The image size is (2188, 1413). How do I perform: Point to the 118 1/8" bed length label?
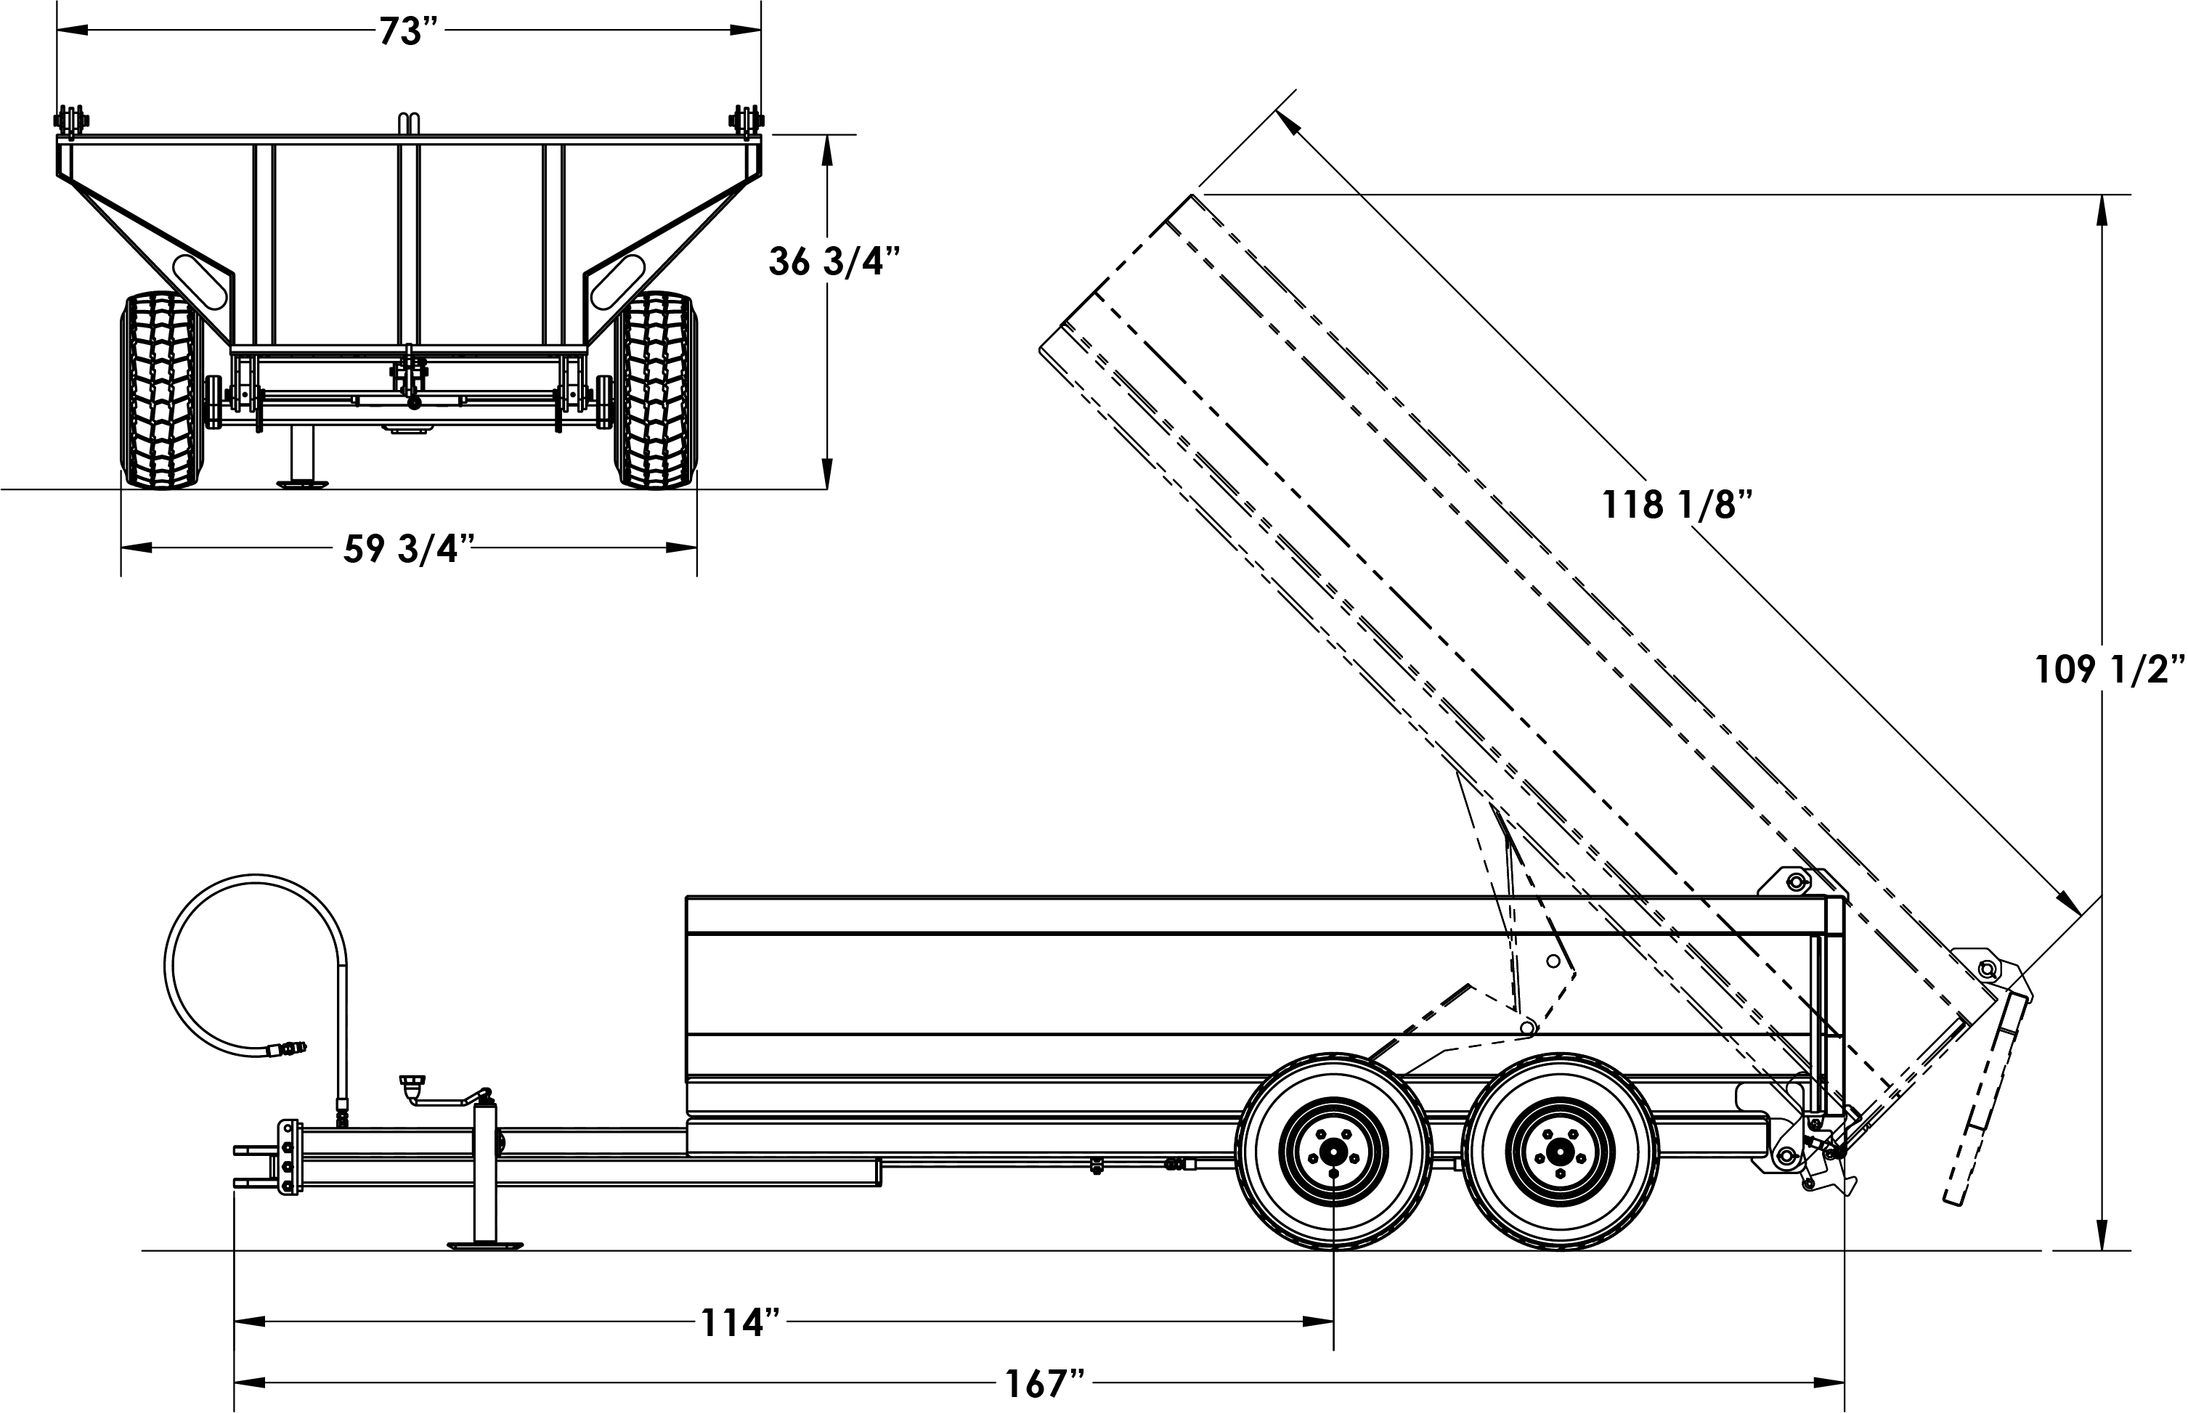(1676, 505)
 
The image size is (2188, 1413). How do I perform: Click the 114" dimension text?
(739, 1323)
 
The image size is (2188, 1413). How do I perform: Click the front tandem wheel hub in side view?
(1333, 1151)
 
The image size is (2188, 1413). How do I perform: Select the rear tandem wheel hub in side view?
(1560, 1151)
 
